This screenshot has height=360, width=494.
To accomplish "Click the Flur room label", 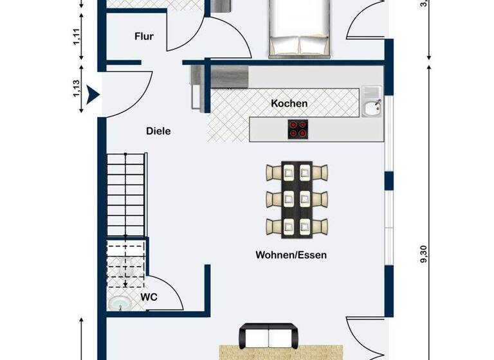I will [x=144, y=37].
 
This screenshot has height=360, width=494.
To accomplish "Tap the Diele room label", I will [x=158, y=130].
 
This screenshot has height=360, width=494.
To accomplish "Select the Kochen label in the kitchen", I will [x=289, y=103].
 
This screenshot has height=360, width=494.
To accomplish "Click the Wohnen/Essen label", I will [x=291, y=255].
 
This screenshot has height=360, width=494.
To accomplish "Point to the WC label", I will [x=149, y=297].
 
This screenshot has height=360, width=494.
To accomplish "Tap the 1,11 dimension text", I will [x=77, y=37].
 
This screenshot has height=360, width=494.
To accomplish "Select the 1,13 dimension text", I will [x=77, y=89].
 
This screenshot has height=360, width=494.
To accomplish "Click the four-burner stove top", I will [x=297, y=129].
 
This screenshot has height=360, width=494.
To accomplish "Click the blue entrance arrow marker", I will [x=95, y=96].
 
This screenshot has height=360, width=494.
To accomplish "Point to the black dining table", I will [x=297, y=199].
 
